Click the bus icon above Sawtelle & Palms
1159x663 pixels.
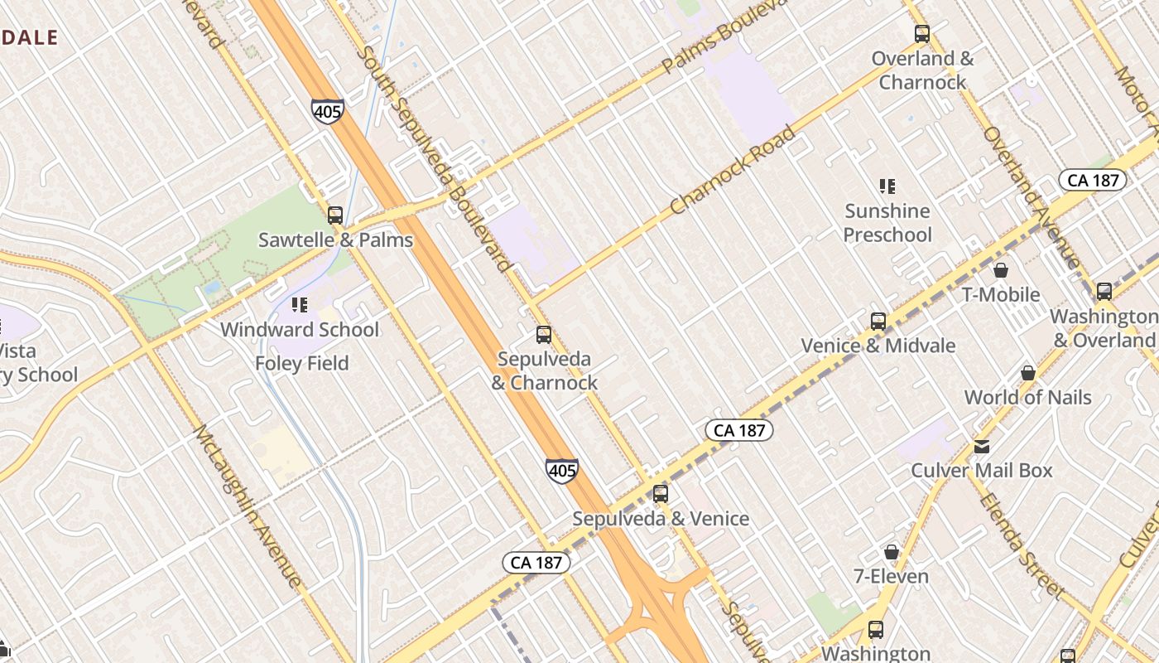pos(335,215)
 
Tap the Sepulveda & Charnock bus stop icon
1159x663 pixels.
pos(544,335)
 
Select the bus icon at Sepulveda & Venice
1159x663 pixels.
pos(660,494)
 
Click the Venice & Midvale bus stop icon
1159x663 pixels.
pos(878,322)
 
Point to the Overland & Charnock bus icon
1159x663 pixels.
pos(922,34)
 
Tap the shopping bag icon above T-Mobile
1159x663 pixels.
pos(1001,270)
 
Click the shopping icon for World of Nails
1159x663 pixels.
pos(1028,373)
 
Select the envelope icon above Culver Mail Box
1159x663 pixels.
pos(982,446)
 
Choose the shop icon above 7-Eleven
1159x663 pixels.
pos(892,552)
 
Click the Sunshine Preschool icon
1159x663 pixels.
pos(887,186)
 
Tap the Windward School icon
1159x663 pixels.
pos(300,305)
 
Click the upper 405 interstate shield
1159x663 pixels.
pos(328,111)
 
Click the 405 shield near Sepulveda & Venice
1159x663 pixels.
pos(561,471)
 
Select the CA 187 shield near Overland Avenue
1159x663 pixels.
pos(1093,181)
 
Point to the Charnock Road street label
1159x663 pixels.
pos(733,170)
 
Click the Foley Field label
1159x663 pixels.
pos(301,363)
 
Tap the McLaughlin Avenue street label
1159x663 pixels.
pos(247,506)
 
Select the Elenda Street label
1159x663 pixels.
pos(1021,544)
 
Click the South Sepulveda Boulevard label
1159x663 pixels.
pos(434,157)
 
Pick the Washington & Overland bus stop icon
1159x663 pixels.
pos(1104,292)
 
